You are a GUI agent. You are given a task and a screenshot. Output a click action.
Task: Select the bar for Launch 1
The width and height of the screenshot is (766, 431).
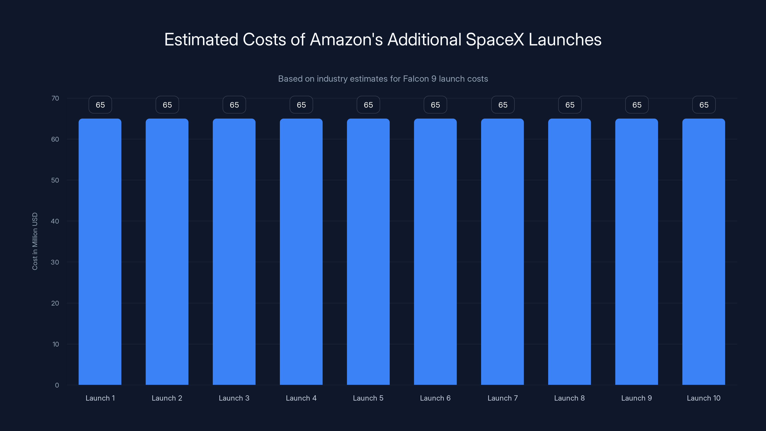[x=100, y=252]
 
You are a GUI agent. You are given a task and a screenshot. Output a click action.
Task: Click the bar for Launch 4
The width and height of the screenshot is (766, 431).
[x=301, y=252]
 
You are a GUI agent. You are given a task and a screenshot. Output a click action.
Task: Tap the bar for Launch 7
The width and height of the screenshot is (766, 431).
[x=502, y=252]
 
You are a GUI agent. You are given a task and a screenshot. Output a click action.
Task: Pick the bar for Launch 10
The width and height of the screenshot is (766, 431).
[x=704, y=252]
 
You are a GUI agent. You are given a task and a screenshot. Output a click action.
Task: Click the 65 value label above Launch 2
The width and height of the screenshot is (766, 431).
[x=167, y=105]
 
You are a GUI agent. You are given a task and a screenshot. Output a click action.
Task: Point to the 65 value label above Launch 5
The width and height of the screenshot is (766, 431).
[x=368, y=105]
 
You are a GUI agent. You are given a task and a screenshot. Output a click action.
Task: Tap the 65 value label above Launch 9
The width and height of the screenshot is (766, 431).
[x=637, y=105]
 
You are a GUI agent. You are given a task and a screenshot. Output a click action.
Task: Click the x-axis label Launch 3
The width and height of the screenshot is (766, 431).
[x=234, y=398]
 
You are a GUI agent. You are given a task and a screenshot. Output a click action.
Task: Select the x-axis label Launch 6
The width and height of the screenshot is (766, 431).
[x=435, y=398]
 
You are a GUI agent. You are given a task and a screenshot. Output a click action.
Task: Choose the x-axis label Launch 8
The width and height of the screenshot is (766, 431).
[x=569, y=398]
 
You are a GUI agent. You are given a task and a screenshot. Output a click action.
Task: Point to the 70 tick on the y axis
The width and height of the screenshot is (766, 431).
[x=55, y=98]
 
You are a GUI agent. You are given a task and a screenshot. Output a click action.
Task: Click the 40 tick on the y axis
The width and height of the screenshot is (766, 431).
[x=55, y=221]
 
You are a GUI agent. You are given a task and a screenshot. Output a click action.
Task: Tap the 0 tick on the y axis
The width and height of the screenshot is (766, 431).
[x=57, y=385]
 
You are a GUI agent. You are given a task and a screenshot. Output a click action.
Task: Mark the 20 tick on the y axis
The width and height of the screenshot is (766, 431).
[x=55, y=303]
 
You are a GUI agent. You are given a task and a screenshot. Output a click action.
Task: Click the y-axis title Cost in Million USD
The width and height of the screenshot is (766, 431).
[x=35, y=241]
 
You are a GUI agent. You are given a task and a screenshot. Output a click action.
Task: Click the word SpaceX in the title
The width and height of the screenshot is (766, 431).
[x=495, y=39]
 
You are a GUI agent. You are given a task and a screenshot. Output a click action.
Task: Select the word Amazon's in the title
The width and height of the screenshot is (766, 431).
[x=346, y=39]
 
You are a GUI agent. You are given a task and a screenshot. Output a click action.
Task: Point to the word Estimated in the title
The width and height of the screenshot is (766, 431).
[x=201, y=39]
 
